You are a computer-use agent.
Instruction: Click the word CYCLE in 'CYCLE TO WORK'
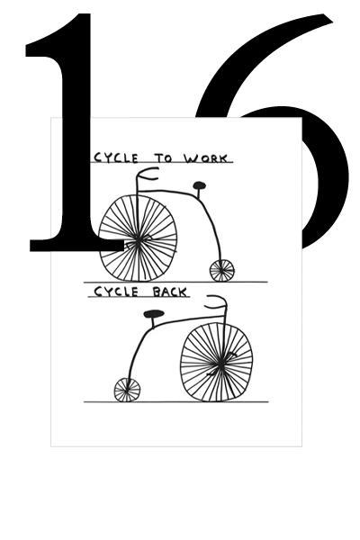point(116,157)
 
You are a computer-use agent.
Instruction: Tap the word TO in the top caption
point(163,158)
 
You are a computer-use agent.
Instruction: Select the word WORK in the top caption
point(206,158)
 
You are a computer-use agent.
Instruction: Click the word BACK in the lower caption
point(170,292)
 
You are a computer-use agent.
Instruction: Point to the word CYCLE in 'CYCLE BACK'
point(116,292)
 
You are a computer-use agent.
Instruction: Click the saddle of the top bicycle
point(199,185)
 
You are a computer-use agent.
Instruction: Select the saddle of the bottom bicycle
point(154,314)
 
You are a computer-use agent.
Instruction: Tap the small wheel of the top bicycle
point(222,271)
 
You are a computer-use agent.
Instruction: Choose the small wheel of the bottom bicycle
point(127,390)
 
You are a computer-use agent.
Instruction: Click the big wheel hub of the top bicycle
point(138,242)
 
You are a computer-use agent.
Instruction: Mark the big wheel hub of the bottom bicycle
point(219,363)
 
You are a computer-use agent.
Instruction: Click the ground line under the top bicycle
point(175,282)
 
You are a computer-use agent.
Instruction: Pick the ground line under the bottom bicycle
point(176,401)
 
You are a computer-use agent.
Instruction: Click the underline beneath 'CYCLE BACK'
point(139,296)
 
